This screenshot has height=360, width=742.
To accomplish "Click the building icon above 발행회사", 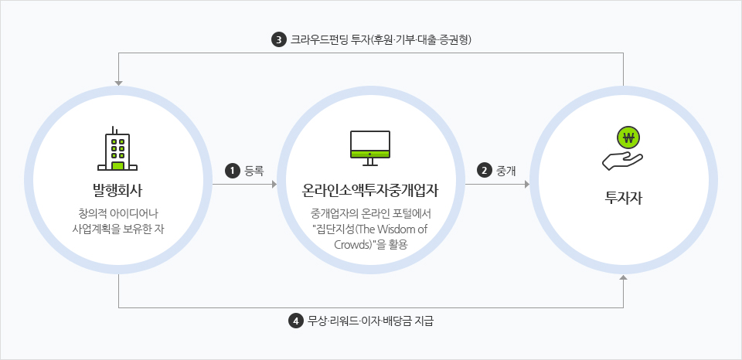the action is (117, 148).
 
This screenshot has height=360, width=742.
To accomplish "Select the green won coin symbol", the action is (628, 138).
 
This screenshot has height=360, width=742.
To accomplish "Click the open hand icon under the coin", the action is (622, 161).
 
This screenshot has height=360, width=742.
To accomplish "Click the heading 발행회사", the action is (117, 191).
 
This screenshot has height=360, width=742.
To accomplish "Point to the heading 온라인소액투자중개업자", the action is (370, 191).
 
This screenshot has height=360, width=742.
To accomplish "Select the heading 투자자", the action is (623, 197).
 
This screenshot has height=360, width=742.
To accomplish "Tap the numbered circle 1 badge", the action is (233, 170).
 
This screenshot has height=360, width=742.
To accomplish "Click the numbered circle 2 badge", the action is (484, 170).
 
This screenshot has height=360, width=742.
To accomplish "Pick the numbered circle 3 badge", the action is (279, 39).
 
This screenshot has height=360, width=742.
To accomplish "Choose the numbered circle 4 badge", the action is (296, 321).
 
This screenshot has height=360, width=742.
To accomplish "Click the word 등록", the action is (254, 170).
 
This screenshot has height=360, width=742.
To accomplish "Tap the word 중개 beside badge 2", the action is (505, 170).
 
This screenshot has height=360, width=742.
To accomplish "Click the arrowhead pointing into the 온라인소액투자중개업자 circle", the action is (274, 184).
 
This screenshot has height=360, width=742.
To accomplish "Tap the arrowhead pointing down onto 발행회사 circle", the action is (118, 83).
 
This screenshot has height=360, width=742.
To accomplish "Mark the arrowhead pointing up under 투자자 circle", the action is (623, 277).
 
